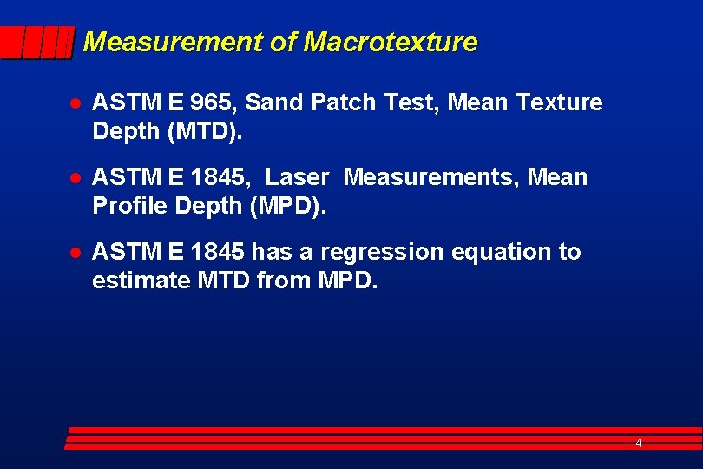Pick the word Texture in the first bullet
pyautogui.click(x=559, y=102)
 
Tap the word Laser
pyautogui.click(x=297, y=177)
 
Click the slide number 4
pyautogui.click(x=639, y=443)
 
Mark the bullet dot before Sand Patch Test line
pyautogui.click(x=76, y=103)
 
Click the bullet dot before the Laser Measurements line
pyautogui.click(x=76, y=178)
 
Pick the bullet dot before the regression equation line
pyautogui.click(x=76, y=253)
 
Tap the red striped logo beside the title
pyautogui.click(x=36, y=43)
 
